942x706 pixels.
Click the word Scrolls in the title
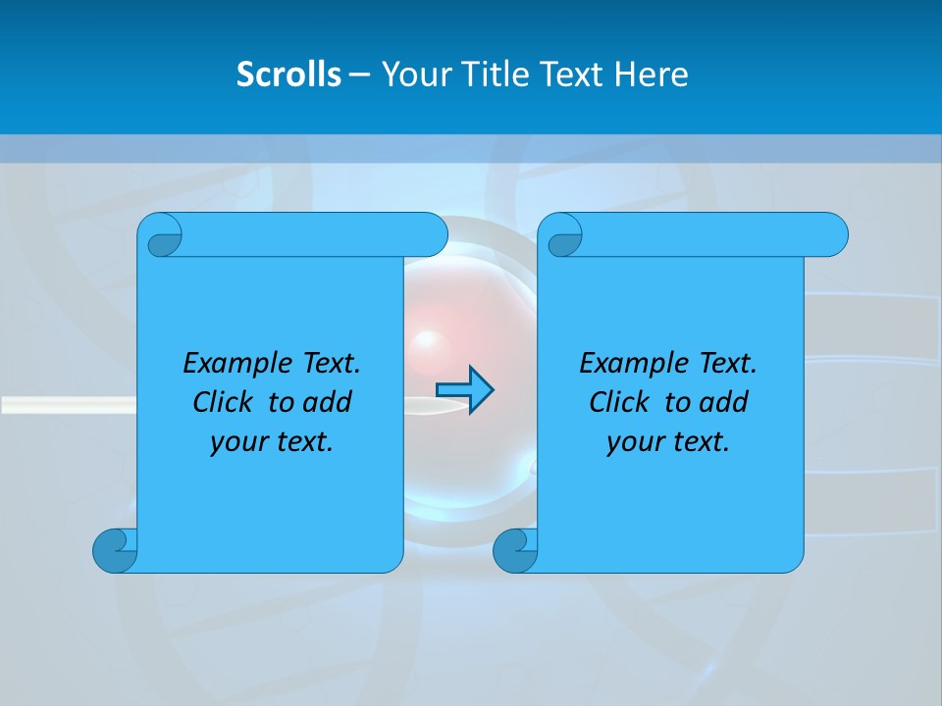click(289, 75)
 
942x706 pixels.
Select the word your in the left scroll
click(236, 442)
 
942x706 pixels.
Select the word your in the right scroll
click(633, 442)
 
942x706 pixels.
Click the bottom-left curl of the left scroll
click(114, 550)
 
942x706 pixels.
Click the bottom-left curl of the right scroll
click(514, 550)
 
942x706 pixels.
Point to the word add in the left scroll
click(327, 402)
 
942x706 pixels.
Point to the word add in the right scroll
click(723, 402)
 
